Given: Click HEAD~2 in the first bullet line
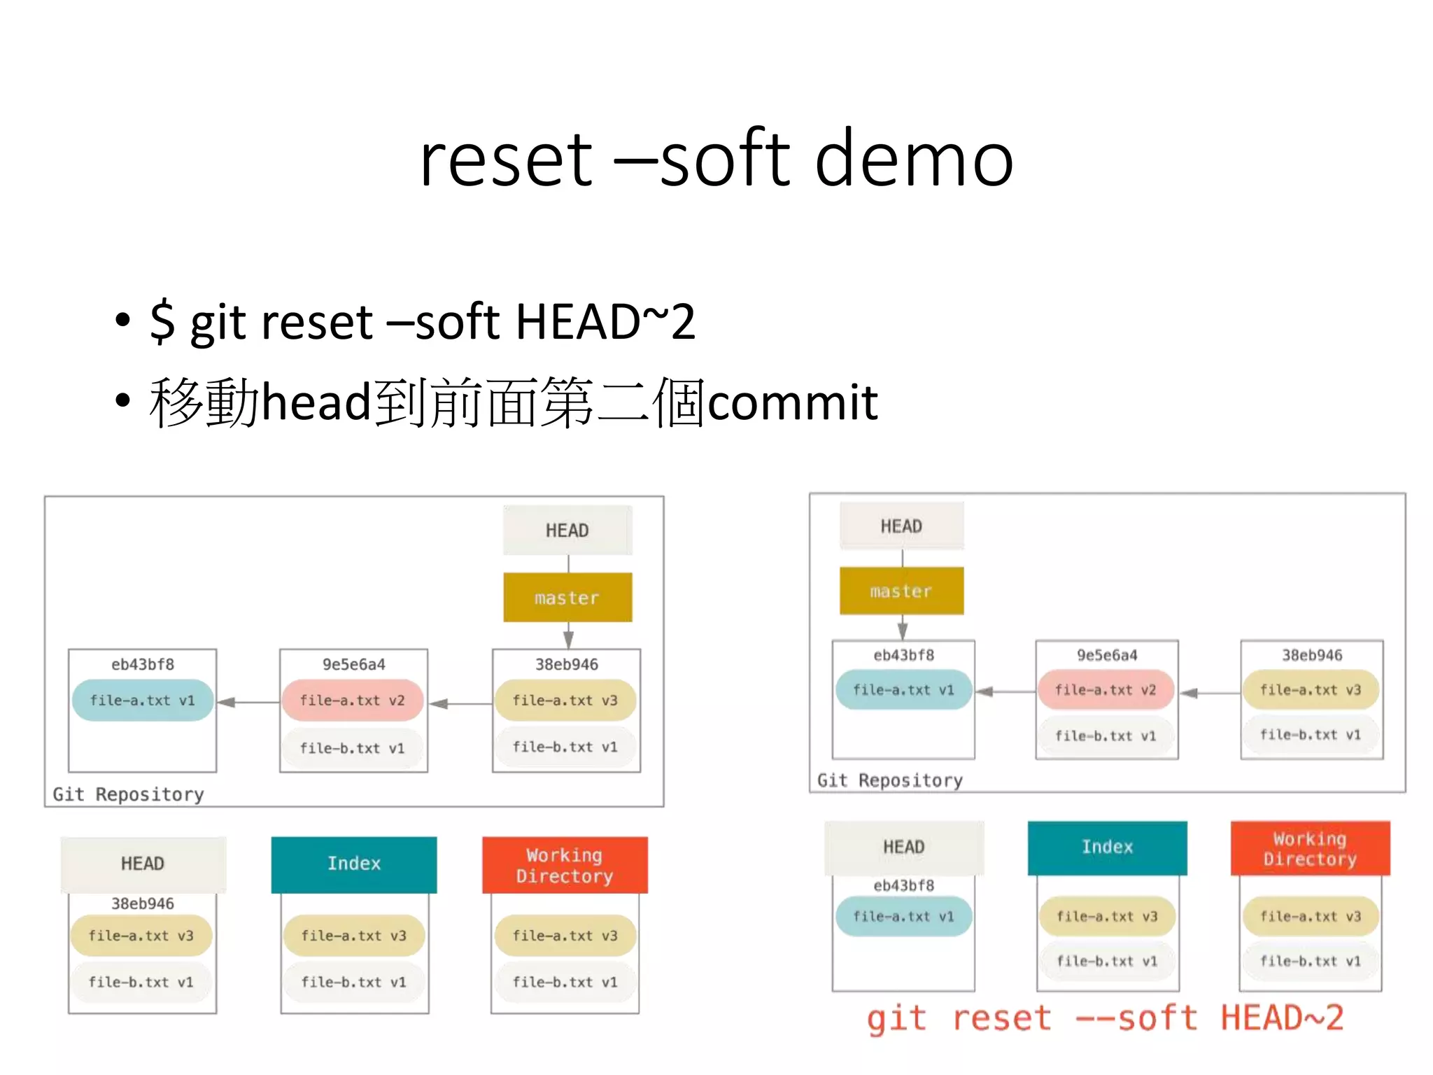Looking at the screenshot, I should (606, 321).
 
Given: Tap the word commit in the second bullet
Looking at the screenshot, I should (793, 402).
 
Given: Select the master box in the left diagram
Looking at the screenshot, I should (567, 598).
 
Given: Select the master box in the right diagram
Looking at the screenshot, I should (901, 591).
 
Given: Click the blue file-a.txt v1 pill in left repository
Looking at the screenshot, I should (142, 701).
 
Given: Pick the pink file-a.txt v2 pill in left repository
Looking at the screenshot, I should (353, 701).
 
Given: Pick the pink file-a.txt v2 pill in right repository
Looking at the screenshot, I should (1106, 690).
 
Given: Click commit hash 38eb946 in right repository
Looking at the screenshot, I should (1312, 656).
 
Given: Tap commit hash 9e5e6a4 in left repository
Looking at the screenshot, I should (353, 665).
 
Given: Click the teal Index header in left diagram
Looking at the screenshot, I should (354, 864).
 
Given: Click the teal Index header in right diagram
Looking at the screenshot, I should (1107, 848).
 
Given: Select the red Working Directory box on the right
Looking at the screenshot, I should (1310, 849).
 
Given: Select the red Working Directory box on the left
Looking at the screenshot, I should (565, 866).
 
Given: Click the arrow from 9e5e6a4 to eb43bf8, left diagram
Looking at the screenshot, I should (248, 702).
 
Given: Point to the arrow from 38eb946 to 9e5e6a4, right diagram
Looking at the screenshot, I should (1210, 693).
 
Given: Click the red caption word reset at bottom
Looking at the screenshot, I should (1001, 1018).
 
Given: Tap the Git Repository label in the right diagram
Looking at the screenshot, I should (889, 780).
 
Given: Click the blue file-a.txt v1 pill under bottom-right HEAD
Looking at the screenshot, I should (903, 917).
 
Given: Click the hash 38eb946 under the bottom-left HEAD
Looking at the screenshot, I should (142, 904).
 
